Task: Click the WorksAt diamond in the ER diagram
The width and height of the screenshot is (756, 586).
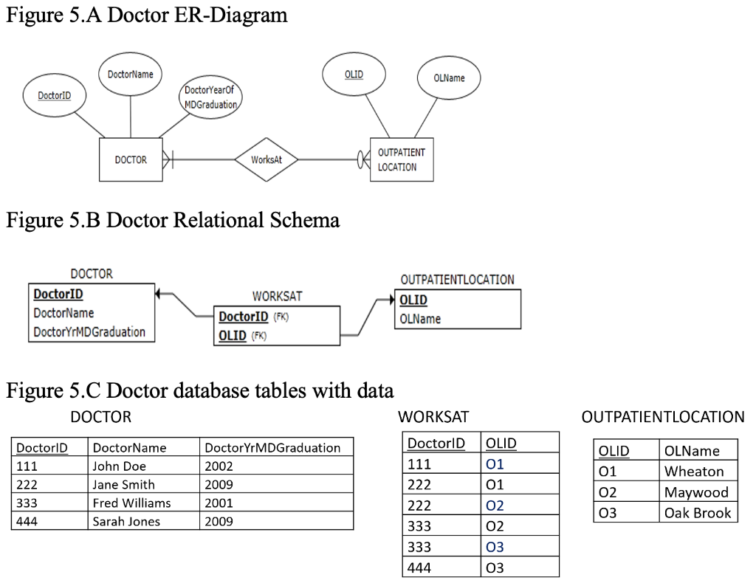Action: point(265,159)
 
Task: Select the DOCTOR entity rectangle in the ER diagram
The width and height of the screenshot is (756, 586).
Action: point(131,159)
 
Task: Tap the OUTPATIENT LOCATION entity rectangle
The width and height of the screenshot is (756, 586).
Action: point(401,159)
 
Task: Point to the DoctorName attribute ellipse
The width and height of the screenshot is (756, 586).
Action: point(131,75)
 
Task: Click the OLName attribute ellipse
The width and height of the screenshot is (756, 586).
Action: point(449,78)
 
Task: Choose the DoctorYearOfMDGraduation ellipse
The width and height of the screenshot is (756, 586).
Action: point(210,97)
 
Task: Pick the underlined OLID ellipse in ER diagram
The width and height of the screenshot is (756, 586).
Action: point(354,75)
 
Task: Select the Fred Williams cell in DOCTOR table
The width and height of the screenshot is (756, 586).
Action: point(131,503)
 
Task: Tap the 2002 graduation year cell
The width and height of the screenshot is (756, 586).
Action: point(219,466)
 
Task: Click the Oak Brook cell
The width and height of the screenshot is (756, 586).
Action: point(697,513)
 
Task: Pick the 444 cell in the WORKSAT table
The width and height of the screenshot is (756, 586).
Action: point(419,568)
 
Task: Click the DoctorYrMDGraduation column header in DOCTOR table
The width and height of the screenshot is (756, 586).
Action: point(272,447)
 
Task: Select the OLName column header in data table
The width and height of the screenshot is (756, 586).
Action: point(692,451)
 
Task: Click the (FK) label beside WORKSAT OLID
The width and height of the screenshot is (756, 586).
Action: point(258,336)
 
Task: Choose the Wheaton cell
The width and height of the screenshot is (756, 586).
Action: point(694,472)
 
